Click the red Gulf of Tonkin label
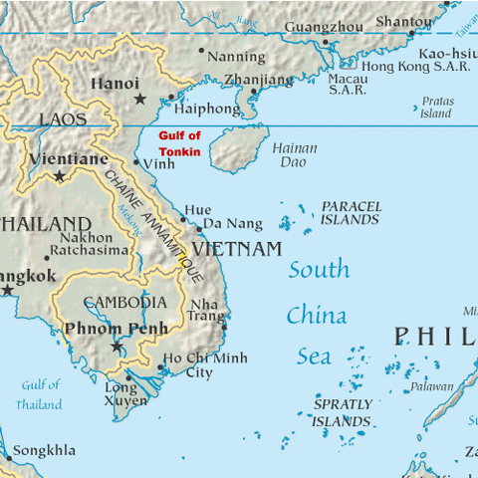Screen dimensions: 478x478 coord(180,143)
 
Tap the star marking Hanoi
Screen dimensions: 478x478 coord(139,99)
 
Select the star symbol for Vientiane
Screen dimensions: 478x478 coord(60,176)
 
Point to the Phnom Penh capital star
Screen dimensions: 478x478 coord(117,347)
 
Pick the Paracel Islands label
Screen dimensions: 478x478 coord(351,212)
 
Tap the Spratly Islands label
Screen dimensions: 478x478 coord(343,413)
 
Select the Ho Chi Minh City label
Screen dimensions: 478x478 coord(205,365)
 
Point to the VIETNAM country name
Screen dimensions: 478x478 coord(237,249)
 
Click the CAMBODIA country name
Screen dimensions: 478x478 coord(124,303)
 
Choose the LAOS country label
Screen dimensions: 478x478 coord(63,119)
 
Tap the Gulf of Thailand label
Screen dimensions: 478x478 coord(40,394)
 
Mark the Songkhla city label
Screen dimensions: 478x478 coord(44,451)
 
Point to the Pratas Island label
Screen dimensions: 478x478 coord(436,108)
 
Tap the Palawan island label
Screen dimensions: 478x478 coord(432,386)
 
